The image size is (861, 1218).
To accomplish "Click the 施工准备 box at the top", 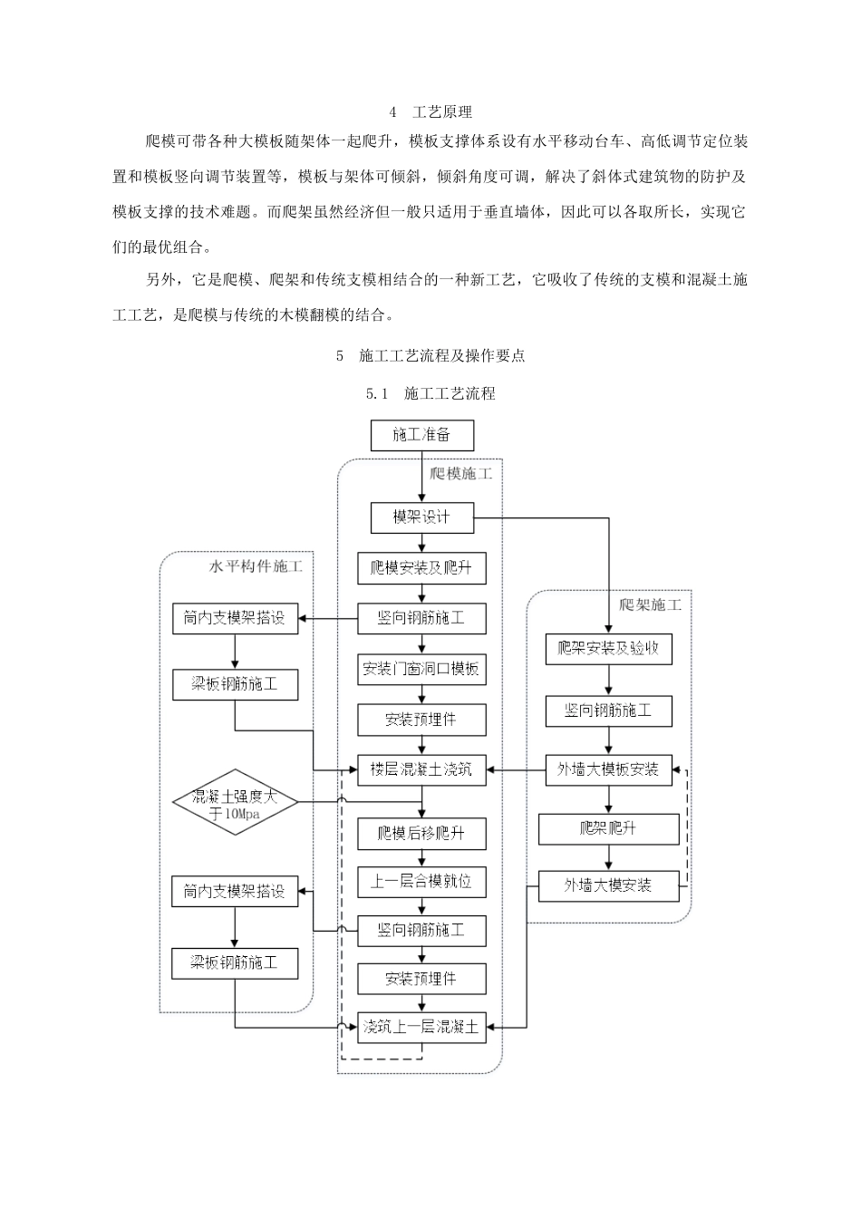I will [421, 435].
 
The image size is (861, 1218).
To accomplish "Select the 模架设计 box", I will [421, 517].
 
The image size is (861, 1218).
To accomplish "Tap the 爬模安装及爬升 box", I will [421, 569].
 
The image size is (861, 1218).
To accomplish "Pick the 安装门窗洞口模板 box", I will [421, 670].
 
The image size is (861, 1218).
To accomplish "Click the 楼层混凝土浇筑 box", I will [421, 770].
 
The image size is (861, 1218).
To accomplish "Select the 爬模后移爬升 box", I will [421, 833].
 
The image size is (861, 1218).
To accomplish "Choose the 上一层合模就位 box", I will [421, 881].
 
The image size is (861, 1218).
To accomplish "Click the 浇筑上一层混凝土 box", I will [421, 1027].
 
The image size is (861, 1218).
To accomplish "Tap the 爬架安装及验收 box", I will [608, 649].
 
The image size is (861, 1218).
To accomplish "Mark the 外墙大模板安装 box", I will [608, 770].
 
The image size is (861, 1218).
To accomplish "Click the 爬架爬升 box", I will [608, 828].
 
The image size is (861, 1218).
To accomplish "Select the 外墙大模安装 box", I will [608, 885].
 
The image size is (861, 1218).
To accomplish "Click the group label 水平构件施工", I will [256, 566].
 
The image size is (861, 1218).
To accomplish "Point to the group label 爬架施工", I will [650, 604].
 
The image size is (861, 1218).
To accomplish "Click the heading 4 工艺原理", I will [430, 112].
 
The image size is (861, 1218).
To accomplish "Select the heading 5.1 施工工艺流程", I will [430, 393].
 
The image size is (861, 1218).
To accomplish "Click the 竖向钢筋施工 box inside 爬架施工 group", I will [608, 710].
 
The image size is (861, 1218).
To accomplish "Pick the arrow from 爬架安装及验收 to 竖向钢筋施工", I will [608, 680].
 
